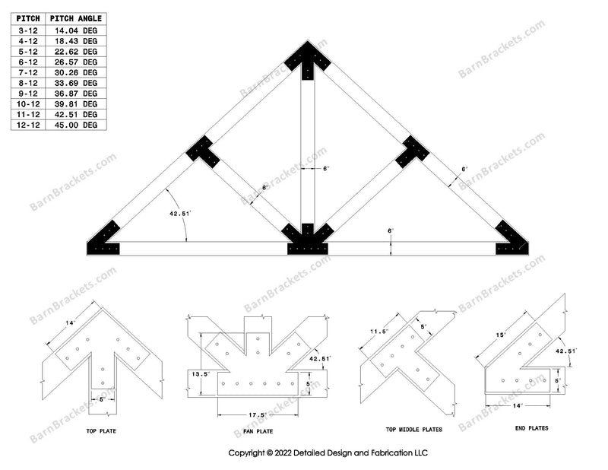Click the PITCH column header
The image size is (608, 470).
pyautogui.click(x=29, y=18)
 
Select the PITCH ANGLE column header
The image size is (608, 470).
pyautogui.click(x=76, y=18)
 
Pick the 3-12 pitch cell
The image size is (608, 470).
pyautogui.click(x=29, y=30)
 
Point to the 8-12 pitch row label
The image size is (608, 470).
pyautogui.click(x=29, y=82)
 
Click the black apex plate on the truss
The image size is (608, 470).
pyautogui.click(x=308, y=56)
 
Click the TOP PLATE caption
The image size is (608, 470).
pyautogui.click(x=101, y=430)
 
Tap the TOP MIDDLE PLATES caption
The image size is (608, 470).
pyautogui.click(x=413, y=429)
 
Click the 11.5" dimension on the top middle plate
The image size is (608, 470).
pyautogui.click(x=370, y=332)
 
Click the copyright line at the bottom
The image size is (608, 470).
pyautogui.click(x=328, y=453)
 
